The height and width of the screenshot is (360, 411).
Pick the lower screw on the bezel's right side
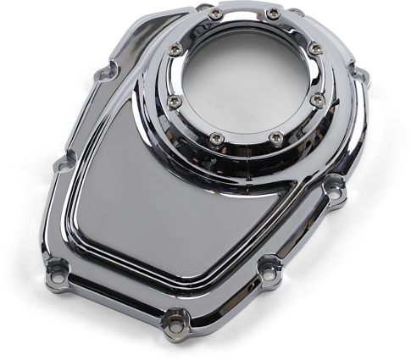click(318, 100)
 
